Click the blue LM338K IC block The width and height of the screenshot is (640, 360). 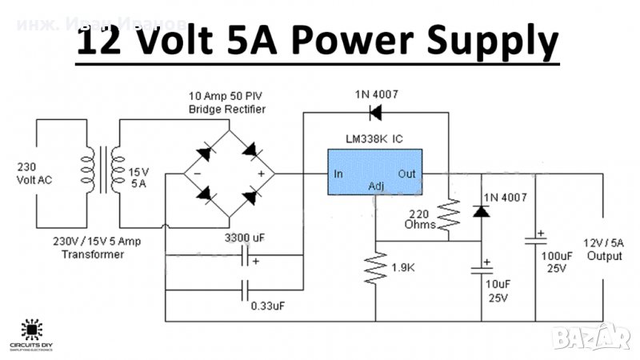[374, 172]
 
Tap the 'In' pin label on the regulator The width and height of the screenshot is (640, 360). [338, 174]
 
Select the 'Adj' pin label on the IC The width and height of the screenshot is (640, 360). [375, 187]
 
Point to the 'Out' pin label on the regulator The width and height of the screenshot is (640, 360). [408, 174]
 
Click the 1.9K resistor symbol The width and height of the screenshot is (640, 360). [374, 268]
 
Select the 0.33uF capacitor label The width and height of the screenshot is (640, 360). [266, 306]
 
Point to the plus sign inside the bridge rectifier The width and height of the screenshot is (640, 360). [260, 173]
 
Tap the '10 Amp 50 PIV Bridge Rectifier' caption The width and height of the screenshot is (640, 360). [226, 102]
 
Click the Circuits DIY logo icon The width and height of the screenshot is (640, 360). [32, 328]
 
